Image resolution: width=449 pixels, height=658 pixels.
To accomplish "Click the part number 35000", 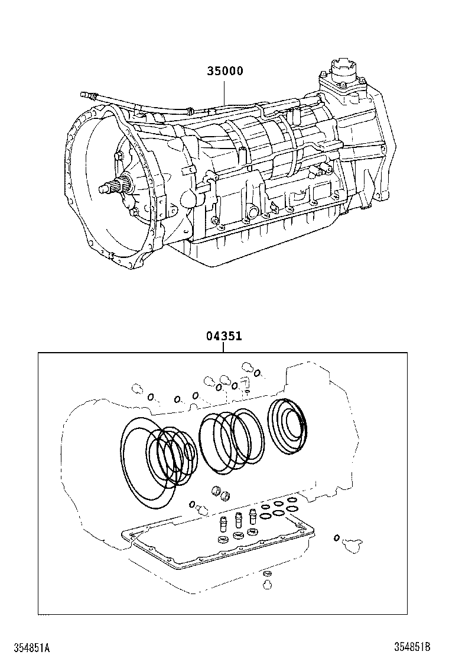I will click(224, 71).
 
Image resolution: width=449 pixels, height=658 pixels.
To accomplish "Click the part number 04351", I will click(224, 336).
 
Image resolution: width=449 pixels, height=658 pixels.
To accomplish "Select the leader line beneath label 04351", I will click(224, 347).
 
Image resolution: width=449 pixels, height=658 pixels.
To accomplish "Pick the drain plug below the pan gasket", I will click(266, 583).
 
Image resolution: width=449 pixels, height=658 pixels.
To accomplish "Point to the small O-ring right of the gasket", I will click(336, 537).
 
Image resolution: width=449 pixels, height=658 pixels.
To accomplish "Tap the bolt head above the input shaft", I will click(116, 157).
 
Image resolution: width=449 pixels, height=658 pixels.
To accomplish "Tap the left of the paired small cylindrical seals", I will click(216, 491).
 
